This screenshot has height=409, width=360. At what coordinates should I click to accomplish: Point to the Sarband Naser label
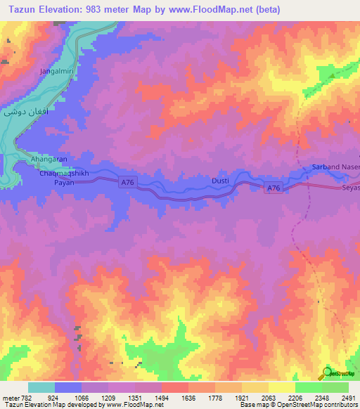pos(335,167)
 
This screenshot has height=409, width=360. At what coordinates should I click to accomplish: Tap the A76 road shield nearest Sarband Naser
pos(274,188)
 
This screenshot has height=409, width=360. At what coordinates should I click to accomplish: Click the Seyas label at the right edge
pos(350,189)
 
